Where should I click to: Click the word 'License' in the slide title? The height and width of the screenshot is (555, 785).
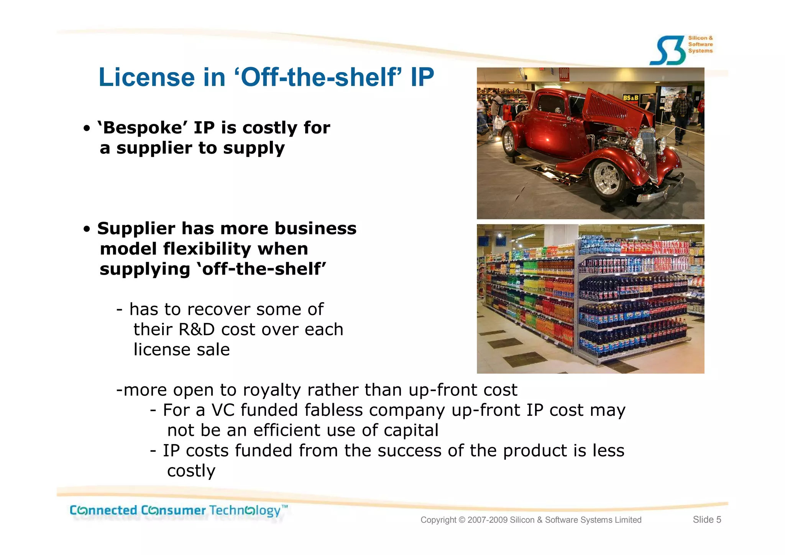point(147,77)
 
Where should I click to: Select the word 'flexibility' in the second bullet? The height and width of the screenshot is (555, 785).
point(207,249)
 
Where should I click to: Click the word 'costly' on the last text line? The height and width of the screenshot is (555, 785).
point(191,471)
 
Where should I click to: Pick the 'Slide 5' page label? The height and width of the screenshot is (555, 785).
point(706,520)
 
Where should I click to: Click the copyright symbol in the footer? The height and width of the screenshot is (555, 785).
point(461,520)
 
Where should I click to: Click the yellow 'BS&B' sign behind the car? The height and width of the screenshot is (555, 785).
point(630,98)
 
